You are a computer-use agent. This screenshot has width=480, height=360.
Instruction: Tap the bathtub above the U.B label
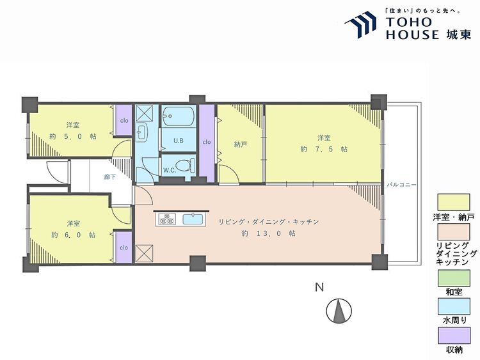coord(179,116)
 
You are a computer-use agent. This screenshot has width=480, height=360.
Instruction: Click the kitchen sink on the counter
coord(193,219)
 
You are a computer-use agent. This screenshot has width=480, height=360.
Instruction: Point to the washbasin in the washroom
coord(141,132)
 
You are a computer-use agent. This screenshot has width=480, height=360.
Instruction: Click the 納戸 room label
coord(240,145)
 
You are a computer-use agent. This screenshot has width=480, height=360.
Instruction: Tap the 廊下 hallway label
coord(109,176)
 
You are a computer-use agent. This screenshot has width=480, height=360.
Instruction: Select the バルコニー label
coord(401,185)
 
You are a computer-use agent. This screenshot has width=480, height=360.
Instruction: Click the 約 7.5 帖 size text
coord(324,149)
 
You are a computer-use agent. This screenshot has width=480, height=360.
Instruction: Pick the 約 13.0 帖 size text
coord(268,233)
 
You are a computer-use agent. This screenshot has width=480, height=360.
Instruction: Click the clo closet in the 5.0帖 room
coord(124,120)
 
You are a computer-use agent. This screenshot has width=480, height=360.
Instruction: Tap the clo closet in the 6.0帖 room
coord(124,247)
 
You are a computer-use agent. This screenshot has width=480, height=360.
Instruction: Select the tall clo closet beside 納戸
coord(207,143)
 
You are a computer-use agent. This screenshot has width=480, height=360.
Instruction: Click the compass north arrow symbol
coord(339,311)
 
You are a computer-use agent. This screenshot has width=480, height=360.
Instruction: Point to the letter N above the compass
coord(319,287)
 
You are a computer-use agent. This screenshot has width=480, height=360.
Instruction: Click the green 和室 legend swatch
coord(454,278)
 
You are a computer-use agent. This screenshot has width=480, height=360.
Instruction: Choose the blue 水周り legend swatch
coord(454,306)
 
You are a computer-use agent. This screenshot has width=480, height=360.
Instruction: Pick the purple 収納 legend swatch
coord(454,336)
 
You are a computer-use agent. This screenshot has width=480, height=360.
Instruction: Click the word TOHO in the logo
coord(409,22)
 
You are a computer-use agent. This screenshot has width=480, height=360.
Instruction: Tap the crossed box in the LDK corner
coord(144,254)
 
